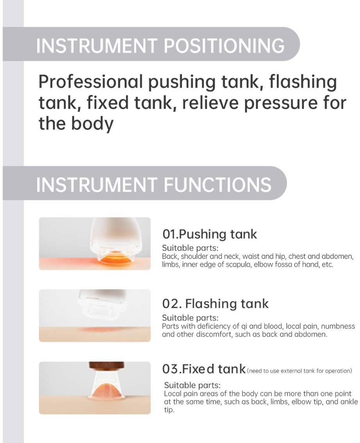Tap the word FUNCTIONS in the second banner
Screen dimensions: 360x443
pos(217,185)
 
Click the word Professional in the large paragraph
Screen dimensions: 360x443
pos(91,82)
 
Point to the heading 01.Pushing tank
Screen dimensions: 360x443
pos(209,234)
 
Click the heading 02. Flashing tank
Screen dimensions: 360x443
pos(215,304)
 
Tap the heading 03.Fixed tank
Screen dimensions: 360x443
pos(204,369)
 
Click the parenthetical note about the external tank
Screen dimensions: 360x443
pos(299,371)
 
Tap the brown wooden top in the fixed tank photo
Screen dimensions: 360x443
pos(107,365)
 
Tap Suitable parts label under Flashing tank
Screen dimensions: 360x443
pos(190,318)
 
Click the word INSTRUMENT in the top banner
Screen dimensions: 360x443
pos(97,46)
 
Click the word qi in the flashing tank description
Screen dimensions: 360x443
pos(244,327)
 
